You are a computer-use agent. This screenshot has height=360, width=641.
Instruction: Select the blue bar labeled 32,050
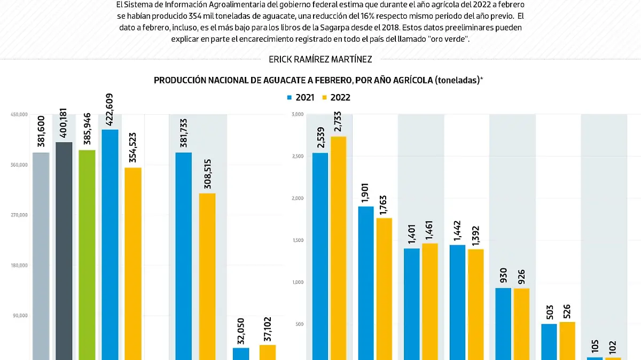[x=241, y=354]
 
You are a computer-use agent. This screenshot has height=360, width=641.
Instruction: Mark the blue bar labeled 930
[x=503, y=324]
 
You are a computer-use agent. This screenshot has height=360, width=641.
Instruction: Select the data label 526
[x=567, y=311]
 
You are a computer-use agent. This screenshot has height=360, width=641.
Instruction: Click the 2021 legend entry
[x=301, y=98]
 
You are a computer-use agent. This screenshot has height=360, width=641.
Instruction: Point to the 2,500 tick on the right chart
[x=297, y=156]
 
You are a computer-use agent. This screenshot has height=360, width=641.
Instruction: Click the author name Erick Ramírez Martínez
[x=320, y=59]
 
